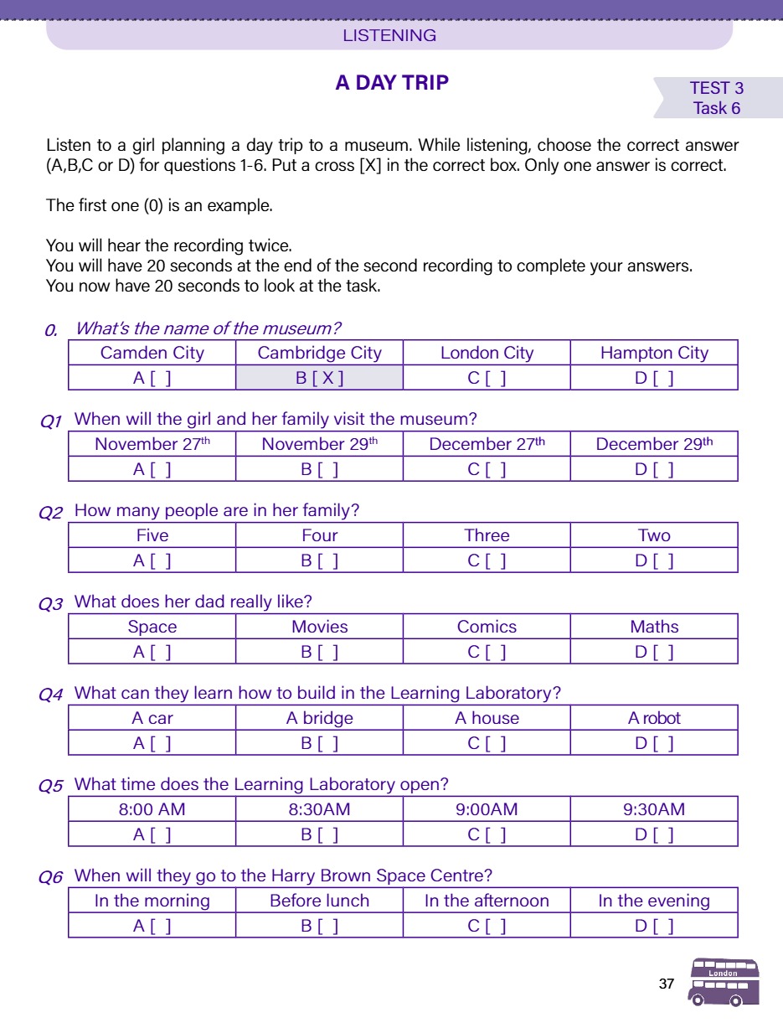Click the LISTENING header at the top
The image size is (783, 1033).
point(389,35)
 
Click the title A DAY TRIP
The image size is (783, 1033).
point(392,83)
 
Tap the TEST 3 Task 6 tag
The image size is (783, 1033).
point(717,98)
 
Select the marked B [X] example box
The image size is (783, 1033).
point(319,378)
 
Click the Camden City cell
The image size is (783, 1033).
point(152,353)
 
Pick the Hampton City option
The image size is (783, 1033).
point(654,353)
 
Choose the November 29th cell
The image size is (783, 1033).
point(319,444)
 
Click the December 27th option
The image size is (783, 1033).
point(487,444)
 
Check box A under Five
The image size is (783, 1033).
point(152,560)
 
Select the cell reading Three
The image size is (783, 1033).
point(487,535)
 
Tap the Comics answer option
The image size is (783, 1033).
point(487,627)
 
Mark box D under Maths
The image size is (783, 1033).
point(654,652)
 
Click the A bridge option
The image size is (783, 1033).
point(319,718)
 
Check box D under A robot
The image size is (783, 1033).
point(654,743)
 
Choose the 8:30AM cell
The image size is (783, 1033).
point(319,809)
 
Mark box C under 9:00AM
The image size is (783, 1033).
point(487,834)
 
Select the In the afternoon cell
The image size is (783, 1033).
point(487,901)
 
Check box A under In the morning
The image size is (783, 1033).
point(152,926)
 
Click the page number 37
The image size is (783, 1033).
point(667,984)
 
